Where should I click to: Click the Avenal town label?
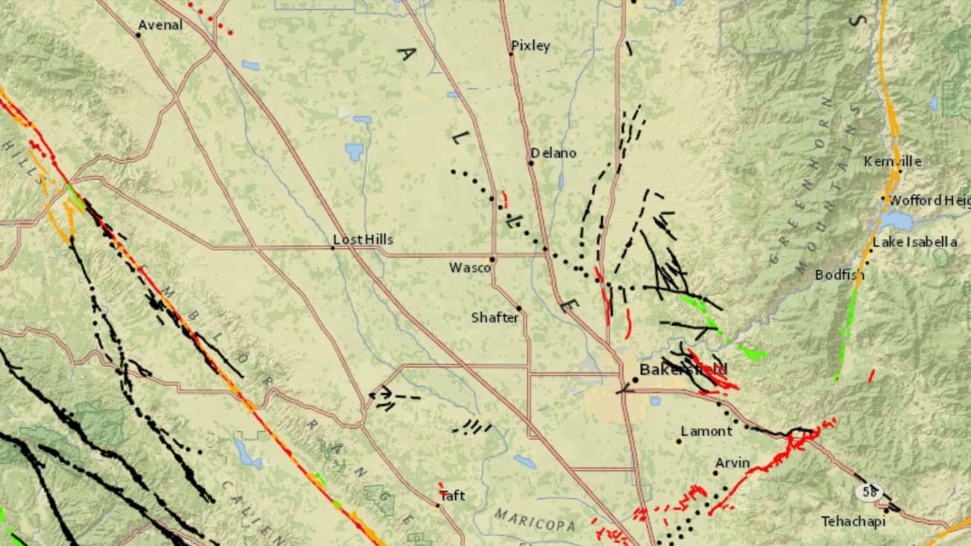point(160,25)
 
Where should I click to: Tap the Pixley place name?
point(530,45)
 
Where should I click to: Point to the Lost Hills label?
point(363,240)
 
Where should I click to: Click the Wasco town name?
point(470,267)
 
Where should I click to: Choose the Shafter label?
point(495,317)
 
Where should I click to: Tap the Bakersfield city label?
point(683,369)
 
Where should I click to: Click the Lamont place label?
point(706,431)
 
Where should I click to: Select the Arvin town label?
point(732,463)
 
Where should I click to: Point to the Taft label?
point(452,495)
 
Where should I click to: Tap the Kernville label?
point(893,162)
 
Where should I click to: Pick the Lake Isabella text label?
point(915,242)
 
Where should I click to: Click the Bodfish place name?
point(839,275)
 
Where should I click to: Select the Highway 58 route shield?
point(867,491)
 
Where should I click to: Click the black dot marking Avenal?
point(140,34)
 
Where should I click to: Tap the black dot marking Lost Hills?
point(333,247)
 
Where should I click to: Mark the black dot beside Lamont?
point(679,441)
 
